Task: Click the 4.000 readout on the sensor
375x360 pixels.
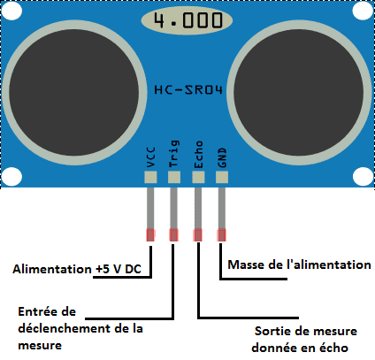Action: [188, 20]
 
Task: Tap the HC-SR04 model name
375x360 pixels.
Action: [188, 89]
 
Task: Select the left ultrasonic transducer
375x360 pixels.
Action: [74, 93]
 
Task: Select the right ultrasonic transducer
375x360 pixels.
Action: [299, 93]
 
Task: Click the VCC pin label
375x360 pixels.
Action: [150, 157]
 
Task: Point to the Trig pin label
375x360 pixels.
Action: [174, 154]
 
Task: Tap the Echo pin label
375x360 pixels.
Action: [198, 155]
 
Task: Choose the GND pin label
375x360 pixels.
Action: [222, 157]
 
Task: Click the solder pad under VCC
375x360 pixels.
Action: [150, 177]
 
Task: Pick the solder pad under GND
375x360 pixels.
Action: [222, 177]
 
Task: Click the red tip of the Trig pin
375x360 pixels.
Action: [174, 235]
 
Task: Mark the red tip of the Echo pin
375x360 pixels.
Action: [198, 235]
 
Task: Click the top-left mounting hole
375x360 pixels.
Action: [11, 11]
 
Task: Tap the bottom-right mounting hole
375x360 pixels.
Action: [363, 177]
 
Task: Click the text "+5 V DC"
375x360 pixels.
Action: [119, 269]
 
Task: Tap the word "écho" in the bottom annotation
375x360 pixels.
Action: [333, 348]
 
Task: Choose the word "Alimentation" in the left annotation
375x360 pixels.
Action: [52, 269]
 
